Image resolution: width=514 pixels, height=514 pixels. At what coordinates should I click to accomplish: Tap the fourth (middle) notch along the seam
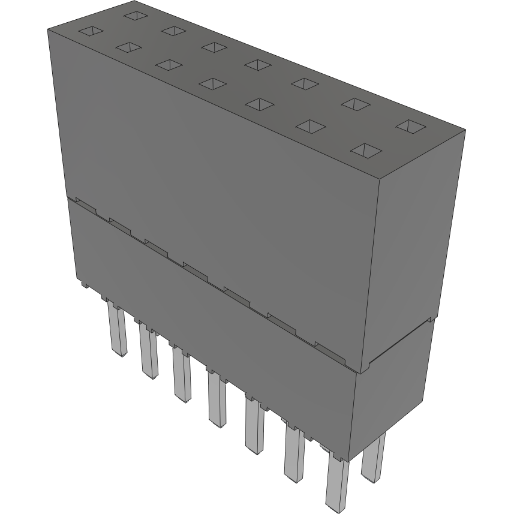point(194,270)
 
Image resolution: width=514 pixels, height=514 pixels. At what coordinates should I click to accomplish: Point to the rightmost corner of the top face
point(465,129)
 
